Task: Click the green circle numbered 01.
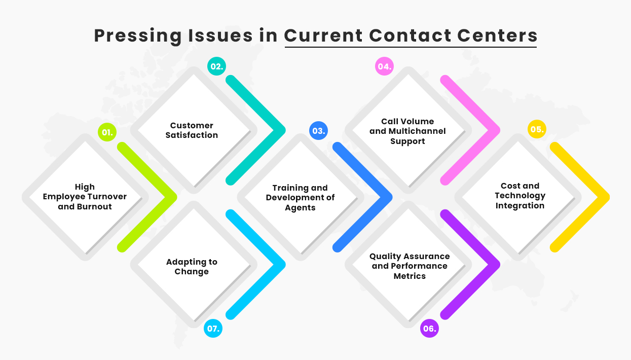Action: tap(107, 133)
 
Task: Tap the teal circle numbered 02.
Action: tap(216, 66)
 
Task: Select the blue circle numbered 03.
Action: tap(318, 131)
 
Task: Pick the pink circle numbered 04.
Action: tap(384, 66)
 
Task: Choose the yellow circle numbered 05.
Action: tap(536, 129)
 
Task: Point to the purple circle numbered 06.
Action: tap(429, 329)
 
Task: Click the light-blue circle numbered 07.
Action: tap(213, 329)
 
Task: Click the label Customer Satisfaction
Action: tap(192, 130)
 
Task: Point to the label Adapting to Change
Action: tap(192, 267)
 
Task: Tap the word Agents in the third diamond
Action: tap(300, 207)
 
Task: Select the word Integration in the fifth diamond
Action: tap(520, 205)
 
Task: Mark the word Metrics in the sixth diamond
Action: tap(410, 276)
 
